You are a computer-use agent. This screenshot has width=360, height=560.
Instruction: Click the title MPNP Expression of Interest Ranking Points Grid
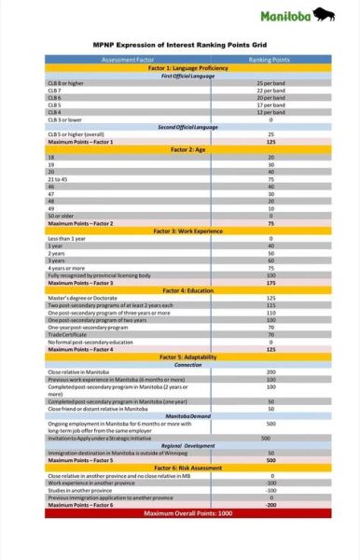(180, 44)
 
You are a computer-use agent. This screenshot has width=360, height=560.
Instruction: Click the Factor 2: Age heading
(181, 149)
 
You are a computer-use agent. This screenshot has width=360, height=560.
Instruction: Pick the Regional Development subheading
(181, 445)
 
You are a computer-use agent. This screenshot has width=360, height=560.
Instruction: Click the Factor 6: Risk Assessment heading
(181, 468)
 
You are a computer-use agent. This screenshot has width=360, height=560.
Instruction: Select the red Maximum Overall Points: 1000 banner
(181, 512)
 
